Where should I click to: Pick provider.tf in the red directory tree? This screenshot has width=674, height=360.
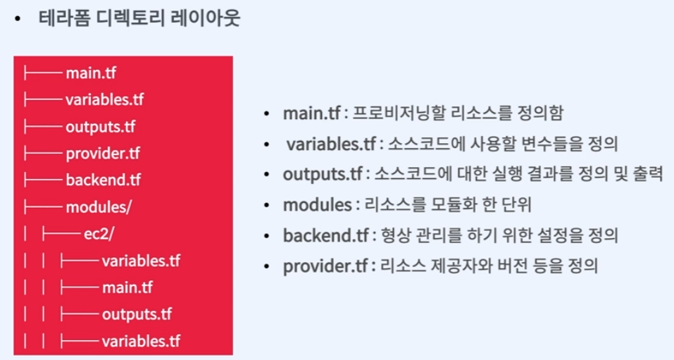pyautogui.click(x=103, y=153)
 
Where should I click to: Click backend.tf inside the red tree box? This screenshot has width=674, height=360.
pyautogui.click(x=104, y=180)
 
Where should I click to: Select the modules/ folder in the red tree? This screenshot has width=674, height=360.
pyautogui.click(x=98, y=207)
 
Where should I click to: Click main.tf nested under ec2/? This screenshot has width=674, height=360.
pyautogui.click(x=127, y=288)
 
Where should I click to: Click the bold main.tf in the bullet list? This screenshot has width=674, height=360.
pyautogui.click(x=311, y=113)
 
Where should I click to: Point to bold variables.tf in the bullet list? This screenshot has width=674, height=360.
pyautogui.click(x=331, y=144)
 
